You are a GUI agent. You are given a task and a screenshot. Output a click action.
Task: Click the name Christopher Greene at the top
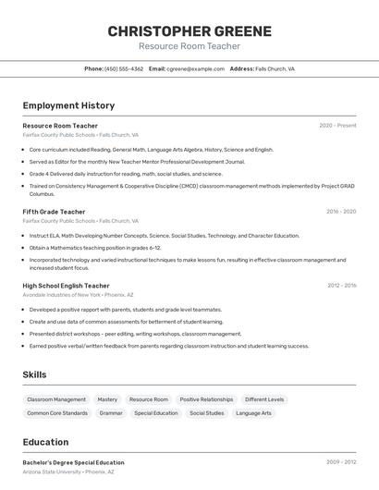point(189,31)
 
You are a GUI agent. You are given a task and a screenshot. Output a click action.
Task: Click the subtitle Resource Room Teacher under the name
point(189,46)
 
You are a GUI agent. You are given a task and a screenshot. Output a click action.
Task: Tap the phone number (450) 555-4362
point(124,68)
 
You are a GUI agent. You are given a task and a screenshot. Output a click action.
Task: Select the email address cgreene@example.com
point(195,68)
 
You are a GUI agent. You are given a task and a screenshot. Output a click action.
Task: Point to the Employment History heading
point(68,105)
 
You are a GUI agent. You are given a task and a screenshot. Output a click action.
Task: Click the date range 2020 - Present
point(337,126)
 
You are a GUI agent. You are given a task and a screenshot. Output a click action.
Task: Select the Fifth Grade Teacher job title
point(54,212)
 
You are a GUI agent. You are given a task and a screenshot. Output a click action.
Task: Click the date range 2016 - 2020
point(341,212)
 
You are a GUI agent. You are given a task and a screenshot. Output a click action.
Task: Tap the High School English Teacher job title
point(66,286)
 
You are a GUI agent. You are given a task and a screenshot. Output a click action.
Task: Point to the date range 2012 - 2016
point(341,286)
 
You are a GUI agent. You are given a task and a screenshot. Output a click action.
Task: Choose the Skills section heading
point(35,374)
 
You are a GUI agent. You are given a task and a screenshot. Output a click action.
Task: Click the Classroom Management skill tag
point(56,399)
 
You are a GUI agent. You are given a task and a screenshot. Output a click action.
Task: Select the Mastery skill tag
point(107,399)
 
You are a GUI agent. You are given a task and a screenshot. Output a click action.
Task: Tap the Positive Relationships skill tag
point(206,399)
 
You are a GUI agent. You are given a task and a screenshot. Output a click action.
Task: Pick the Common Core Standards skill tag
point(57,413)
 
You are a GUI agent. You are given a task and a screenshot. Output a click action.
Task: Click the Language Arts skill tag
point(253,413)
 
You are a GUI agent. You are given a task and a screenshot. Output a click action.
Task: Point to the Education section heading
point(45,442)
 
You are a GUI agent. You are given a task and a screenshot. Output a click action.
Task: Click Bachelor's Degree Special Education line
point(73,462)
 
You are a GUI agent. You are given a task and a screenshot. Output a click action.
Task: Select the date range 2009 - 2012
point(341,462)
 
